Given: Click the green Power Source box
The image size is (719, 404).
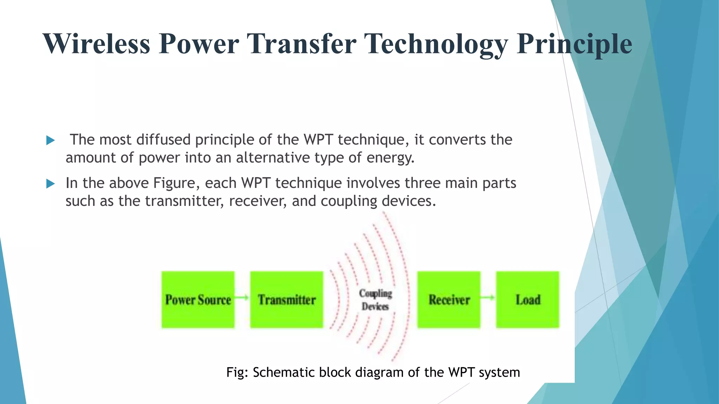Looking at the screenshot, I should click(x=198, y=299).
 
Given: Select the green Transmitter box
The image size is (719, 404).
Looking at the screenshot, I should click(x=286, y=299).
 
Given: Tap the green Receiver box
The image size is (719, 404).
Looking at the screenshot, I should click(x=449, y=299).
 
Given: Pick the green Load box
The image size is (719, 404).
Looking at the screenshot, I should click(x=527, y=299).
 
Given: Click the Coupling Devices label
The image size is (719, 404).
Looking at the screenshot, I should click(x=375, y=300).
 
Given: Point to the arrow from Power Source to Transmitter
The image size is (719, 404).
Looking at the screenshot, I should click(x=242, y=297).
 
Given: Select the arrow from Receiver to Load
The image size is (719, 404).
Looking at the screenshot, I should click(x=488, y=297).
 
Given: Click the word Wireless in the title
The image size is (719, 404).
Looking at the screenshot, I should click(x=97, y=44).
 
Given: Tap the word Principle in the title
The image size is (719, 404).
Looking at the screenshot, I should click(x=574, y=44).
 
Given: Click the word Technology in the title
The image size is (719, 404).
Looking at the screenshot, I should click(x=436, y=44).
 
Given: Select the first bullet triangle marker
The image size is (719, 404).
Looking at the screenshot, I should click(x=51, y=141).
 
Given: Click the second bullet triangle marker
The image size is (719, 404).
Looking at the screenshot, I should click(x=51, y=184).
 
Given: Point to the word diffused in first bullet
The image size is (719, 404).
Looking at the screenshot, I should click(x=163, y=140).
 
